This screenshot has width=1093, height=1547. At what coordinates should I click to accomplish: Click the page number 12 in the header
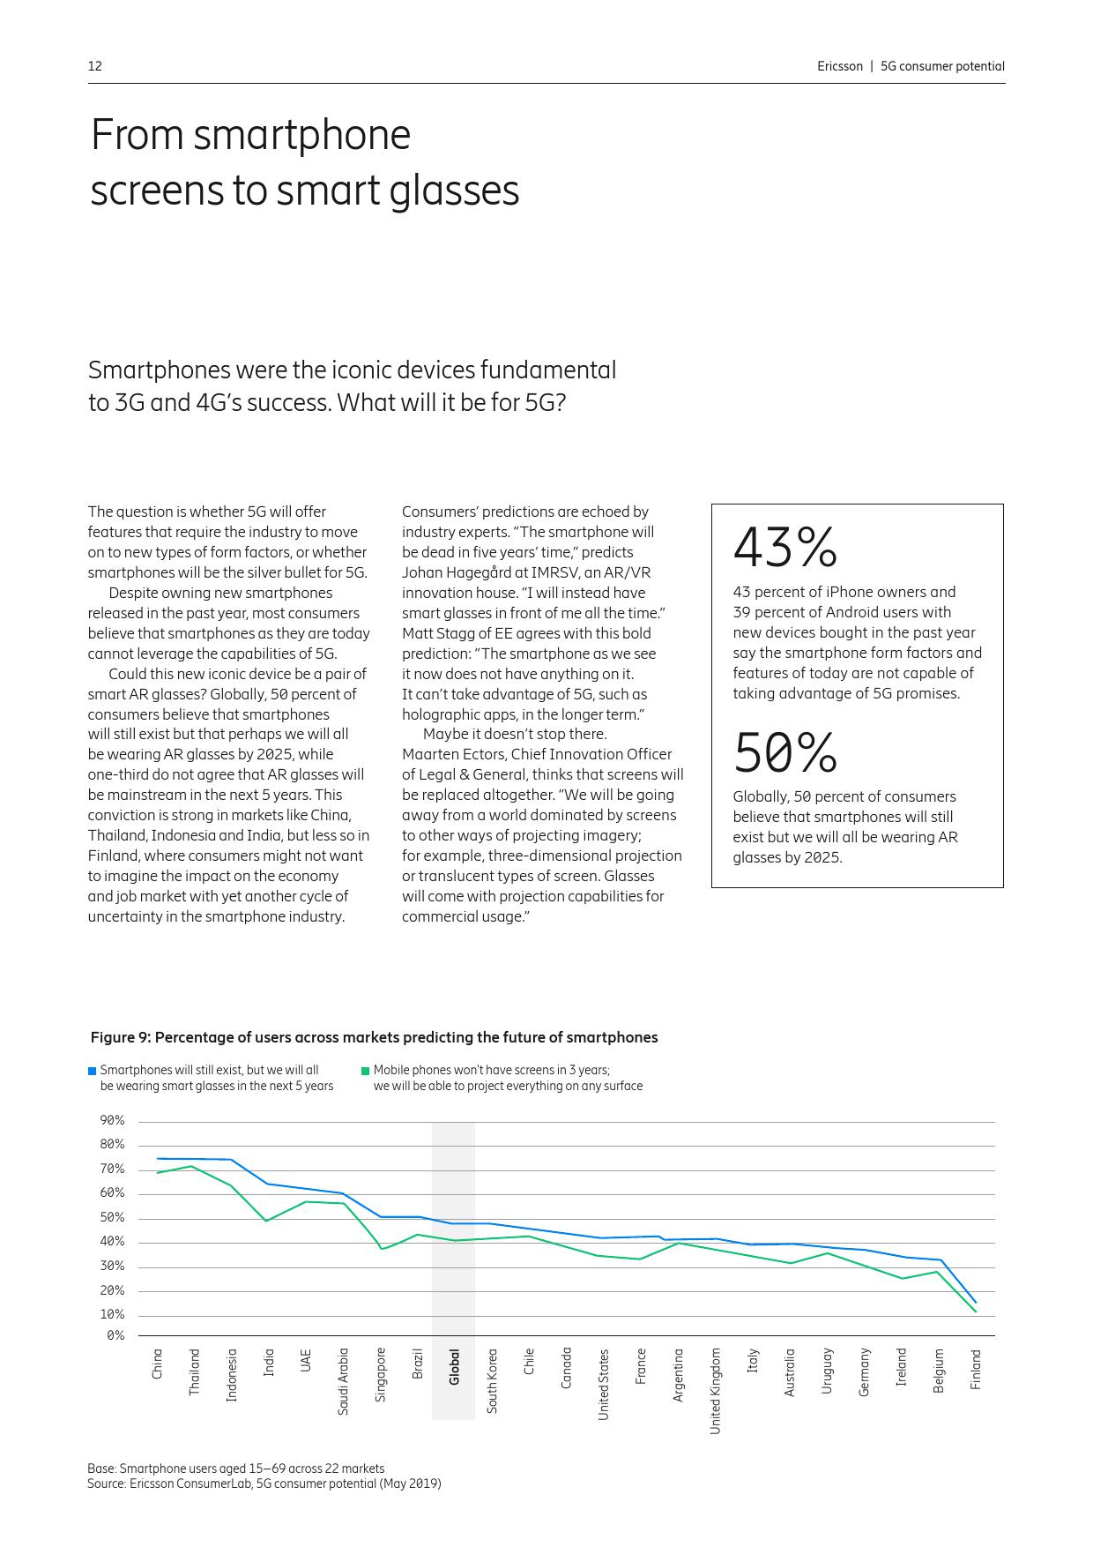[95, 66]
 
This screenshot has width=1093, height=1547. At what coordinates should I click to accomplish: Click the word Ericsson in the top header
[840, 66]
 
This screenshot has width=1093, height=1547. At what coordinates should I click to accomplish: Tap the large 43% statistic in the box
[784, 548]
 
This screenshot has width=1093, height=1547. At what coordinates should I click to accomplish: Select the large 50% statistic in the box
[784, 752]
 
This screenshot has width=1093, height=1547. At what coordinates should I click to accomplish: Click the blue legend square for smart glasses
[92, 1071]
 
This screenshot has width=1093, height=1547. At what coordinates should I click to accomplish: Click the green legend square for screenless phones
[365, 1071]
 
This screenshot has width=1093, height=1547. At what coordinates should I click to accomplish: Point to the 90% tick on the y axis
[112, 1121]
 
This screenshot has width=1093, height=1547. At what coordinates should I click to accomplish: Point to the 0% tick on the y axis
[115, 1336]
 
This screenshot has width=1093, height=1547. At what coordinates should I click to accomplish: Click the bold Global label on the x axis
[454, 1367]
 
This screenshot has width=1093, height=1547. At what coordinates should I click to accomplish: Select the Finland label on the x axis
[976, 1370]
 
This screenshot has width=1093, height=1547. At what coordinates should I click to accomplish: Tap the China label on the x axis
[157, 1364]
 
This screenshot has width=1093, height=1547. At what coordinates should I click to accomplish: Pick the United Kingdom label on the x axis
[715, 1391]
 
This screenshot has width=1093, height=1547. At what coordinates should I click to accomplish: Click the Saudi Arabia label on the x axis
[343, 1382]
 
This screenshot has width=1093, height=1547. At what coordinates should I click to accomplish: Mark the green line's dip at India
[266, 1221]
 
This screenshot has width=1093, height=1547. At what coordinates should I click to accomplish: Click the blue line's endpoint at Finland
[975, 1303]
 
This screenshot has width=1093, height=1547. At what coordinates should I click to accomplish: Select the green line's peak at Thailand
[192, 1166]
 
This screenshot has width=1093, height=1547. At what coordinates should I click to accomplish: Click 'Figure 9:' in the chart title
[121, 1037]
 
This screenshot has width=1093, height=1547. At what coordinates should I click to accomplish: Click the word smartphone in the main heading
[302, 136]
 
